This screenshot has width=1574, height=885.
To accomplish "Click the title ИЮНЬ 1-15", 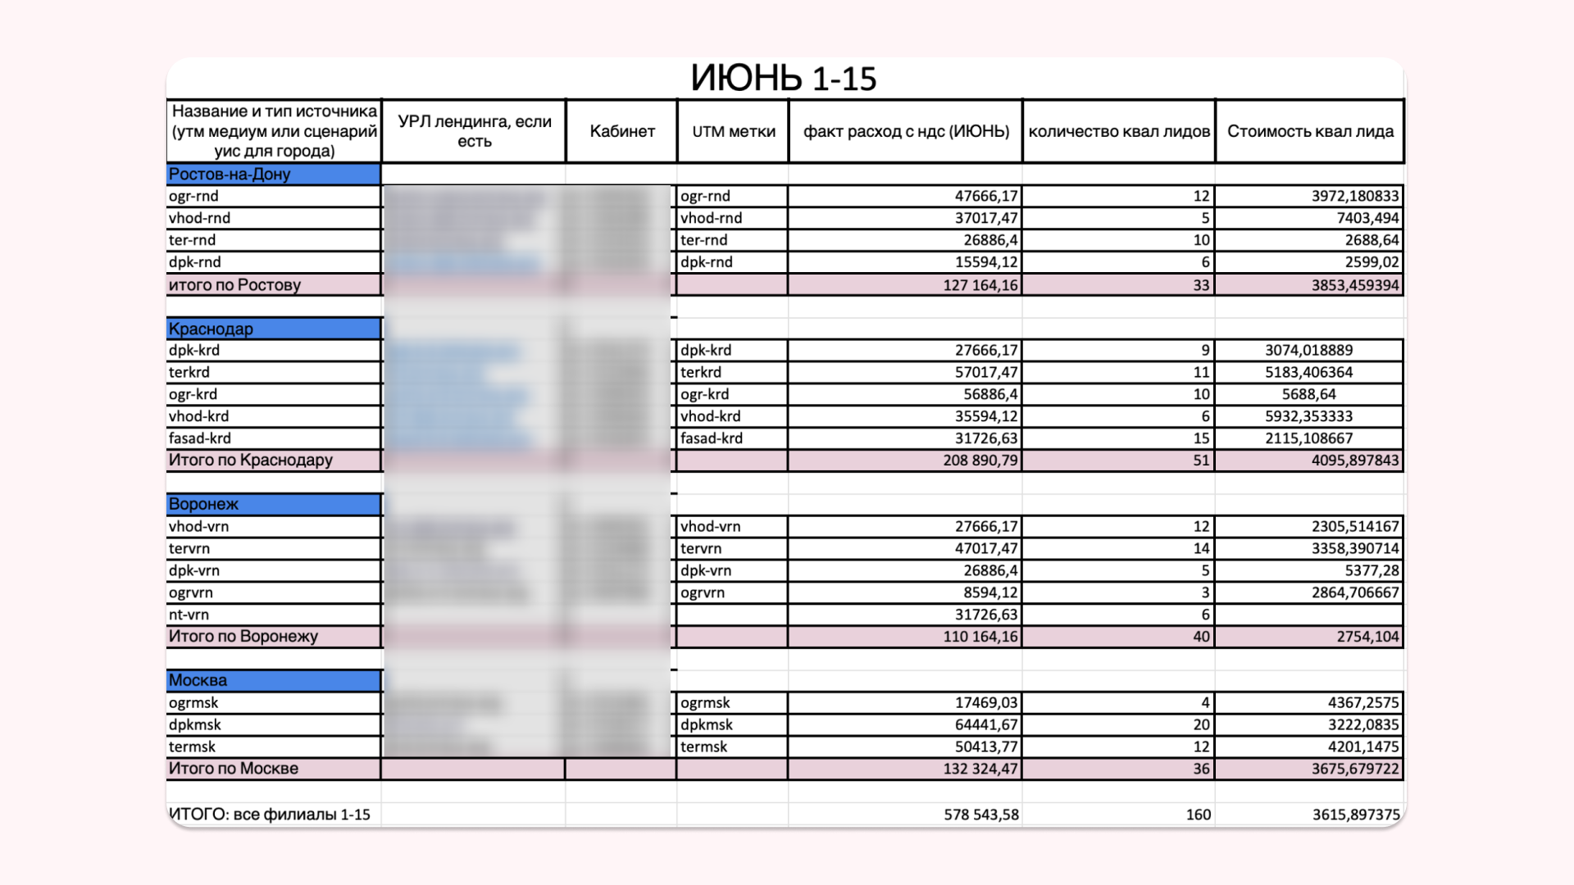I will coord(783,79).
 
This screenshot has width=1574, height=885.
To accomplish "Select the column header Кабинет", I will coord(622,131).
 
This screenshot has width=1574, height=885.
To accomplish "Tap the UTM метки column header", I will coord(733,131).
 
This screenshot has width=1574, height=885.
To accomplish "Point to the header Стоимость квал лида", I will coord(1310,131).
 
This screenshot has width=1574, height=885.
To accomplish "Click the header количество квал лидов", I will coord(1119,131).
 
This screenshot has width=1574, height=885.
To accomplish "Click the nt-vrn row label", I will coord(189,615).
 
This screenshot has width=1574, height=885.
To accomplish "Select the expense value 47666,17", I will coord(986,196).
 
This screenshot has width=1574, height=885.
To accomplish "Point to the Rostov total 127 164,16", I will coord(980,285).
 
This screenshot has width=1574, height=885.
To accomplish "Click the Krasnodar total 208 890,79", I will coord(980,461).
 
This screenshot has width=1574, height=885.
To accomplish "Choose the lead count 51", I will coord(1201,461).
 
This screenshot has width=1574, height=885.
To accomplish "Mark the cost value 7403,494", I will coord(1367,218).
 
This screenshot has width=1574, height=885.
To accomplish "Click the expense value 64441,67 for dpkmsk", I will coord(986,724).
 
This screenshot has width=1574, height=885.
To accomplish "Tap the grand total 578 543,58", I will coord(981,815).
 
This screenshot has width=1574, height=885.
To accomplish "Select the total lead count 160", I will coord(1198,815).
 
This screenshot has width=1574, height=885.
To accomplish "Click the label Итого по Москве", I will coord(234,769).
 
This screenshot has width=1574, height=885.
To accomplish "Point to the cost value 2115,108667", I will coord(1308,438).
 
